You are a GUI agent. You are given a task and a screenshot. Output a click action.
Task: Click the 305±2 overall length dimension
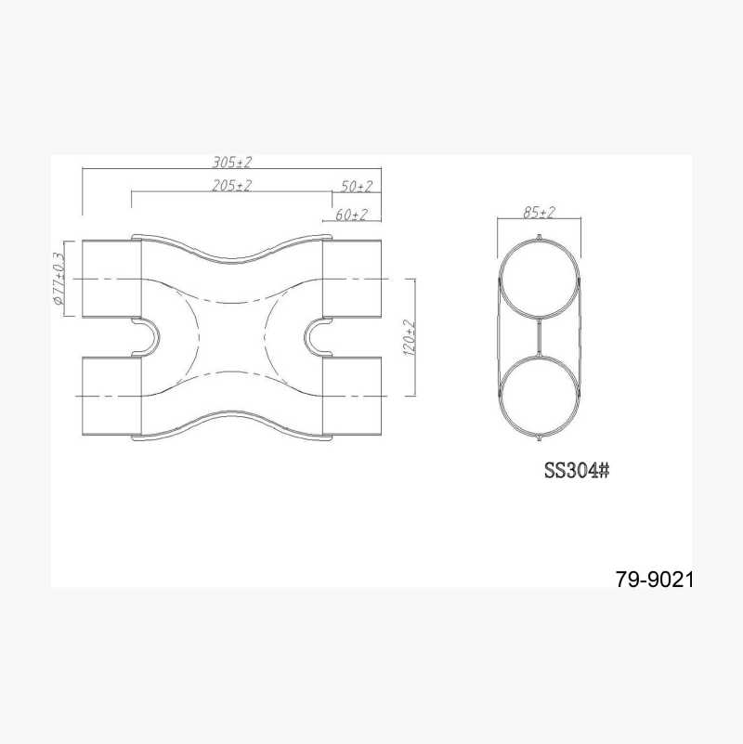point(231,163)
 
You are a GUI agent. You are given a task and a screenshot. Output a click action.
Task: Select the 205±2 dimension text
point(231,186)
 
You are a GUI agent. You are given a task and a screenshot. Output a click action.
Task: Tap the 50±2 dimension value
point(357,187)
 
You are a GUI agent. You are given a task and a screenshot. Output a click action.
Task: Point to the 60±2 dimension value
point(351,215)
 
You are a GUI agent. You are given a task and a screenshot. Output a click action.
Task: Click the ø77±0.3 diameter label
point(59,279)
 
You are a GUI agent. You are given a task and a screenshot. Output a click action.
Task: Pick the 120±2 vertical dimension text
point(409,338)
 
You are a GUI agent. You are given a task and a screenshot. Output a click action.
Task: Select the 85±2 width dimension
point(539,212)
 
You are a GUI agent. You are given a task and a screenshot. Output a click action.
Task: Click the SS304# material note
point(577,471)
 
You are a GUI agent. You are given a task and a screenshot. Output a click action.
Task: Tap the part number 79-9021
point(655,580)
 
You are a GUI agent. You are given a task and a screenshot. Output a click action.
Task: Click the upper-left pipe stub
point(112,279)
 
